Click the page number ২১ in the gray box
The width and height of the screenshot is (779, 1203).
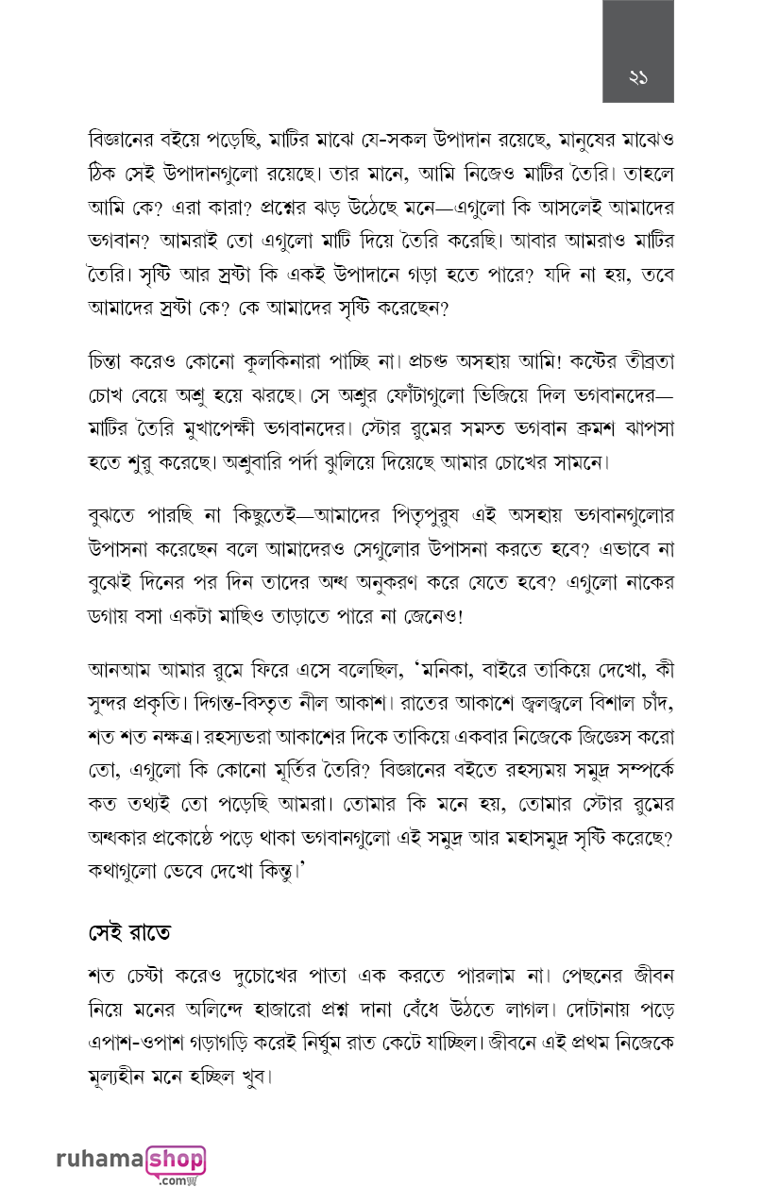point(638,78)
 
